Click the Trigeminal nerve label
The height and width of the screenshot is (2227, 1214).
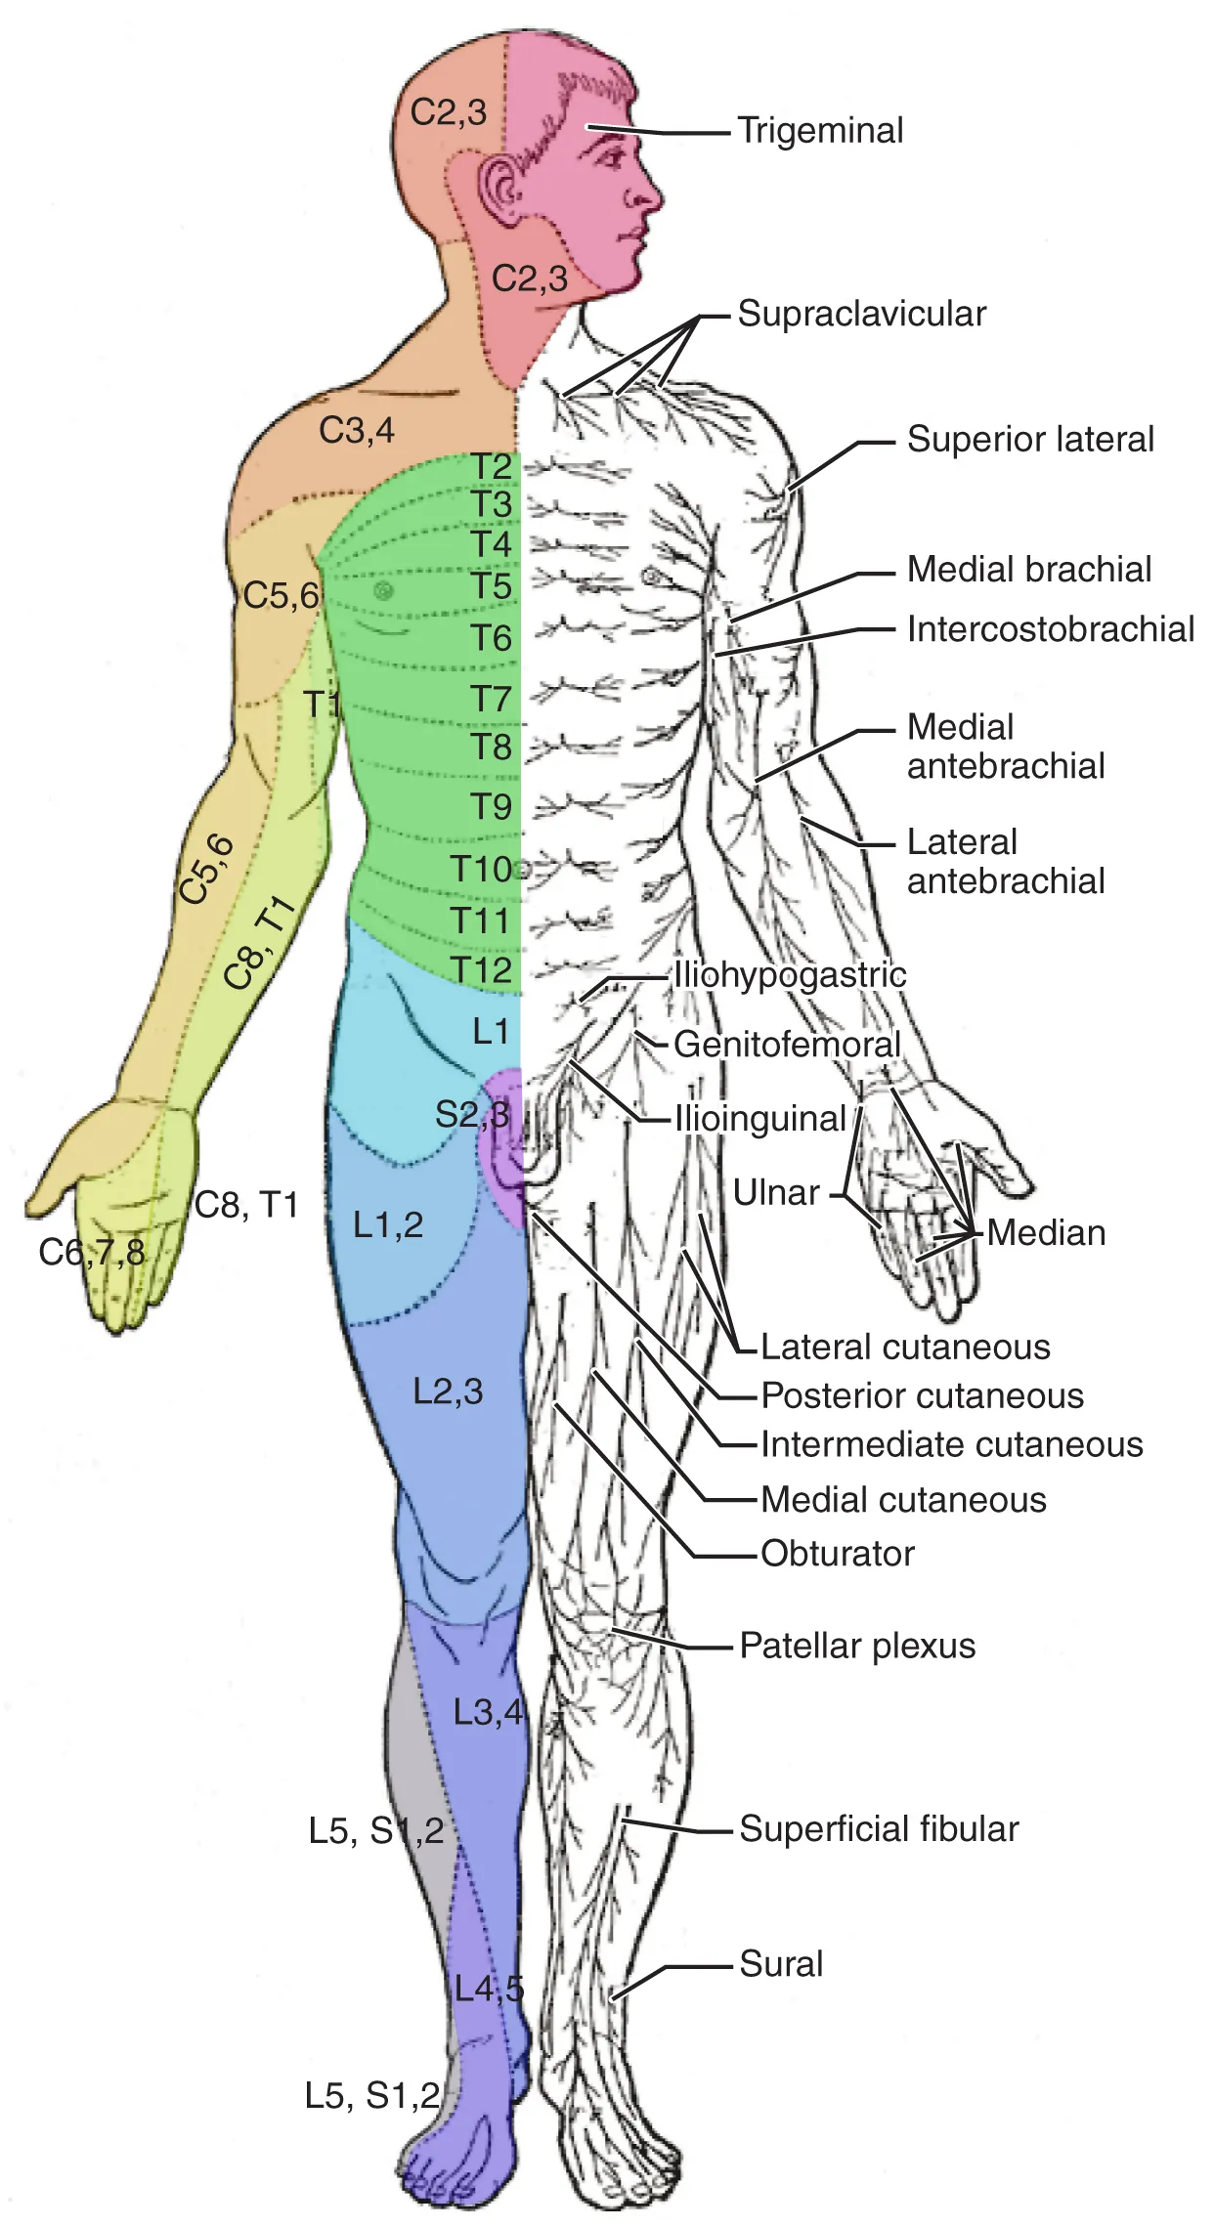click(820, 131)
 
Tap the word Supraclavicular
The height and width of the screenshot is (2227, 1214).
click(861, 315)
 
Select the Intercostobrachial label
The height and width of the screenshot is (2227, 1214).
click(1050, 629)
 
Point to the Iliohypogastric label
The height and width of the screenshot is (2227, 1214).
click(790, 975)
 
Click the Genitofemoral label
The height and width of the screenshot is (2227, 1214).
click(787, 1045)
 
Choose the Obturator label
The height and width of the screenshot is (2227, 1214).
click(838, 1554)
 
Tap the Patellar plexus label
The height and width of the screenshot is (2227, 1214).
click(857, 1646)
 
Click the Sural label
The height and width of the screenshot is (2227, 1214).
click(781, 1964)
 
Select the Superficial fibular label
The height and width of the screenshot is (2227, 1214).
click(879, 1829)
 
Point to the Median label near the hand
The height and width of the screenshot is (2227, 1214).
click(1046, 1233)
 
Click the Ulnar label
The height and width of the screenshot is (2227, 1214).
click(776, 1193)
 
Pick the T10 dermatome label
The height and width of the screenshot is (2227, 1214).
click(482, 868)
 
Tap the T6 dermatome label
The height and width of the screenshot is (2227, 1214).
click(492, 638)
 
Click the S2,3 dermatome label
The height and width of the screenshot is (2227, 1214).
click(472, 1114)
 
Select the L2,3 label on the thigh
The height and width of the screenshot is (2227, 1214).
click(448, 1392)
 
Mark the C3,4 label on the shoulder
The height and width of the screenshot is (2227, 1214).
click(357, 430)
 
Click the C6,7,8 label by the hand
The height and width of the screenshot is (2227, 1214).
click(92, 1252)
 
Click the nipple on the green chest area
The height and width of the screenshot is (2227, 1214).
click(383, 589)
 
